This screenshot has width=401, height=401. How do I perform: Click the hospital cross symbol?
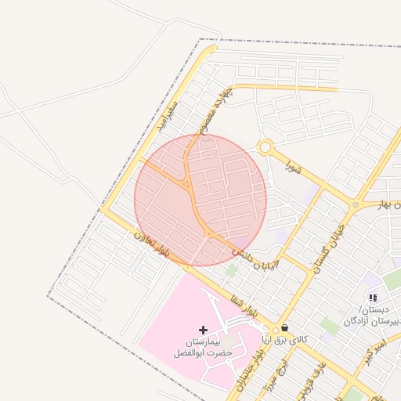(x=204, y=330)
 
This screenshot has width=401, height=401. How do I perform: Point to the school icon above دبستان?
(x=373, y=298)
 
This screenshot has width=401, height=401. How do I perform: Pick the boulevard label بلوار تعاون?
(x=152, y=245)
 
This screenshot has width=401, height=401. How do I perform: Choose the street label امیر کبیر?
(x=380, y=345)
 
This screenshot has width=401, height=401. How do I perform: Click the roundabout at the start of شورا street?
(x=266, y=146)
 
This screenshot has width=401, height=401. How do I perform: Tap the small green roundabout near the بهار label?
(x=356, y=205)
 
